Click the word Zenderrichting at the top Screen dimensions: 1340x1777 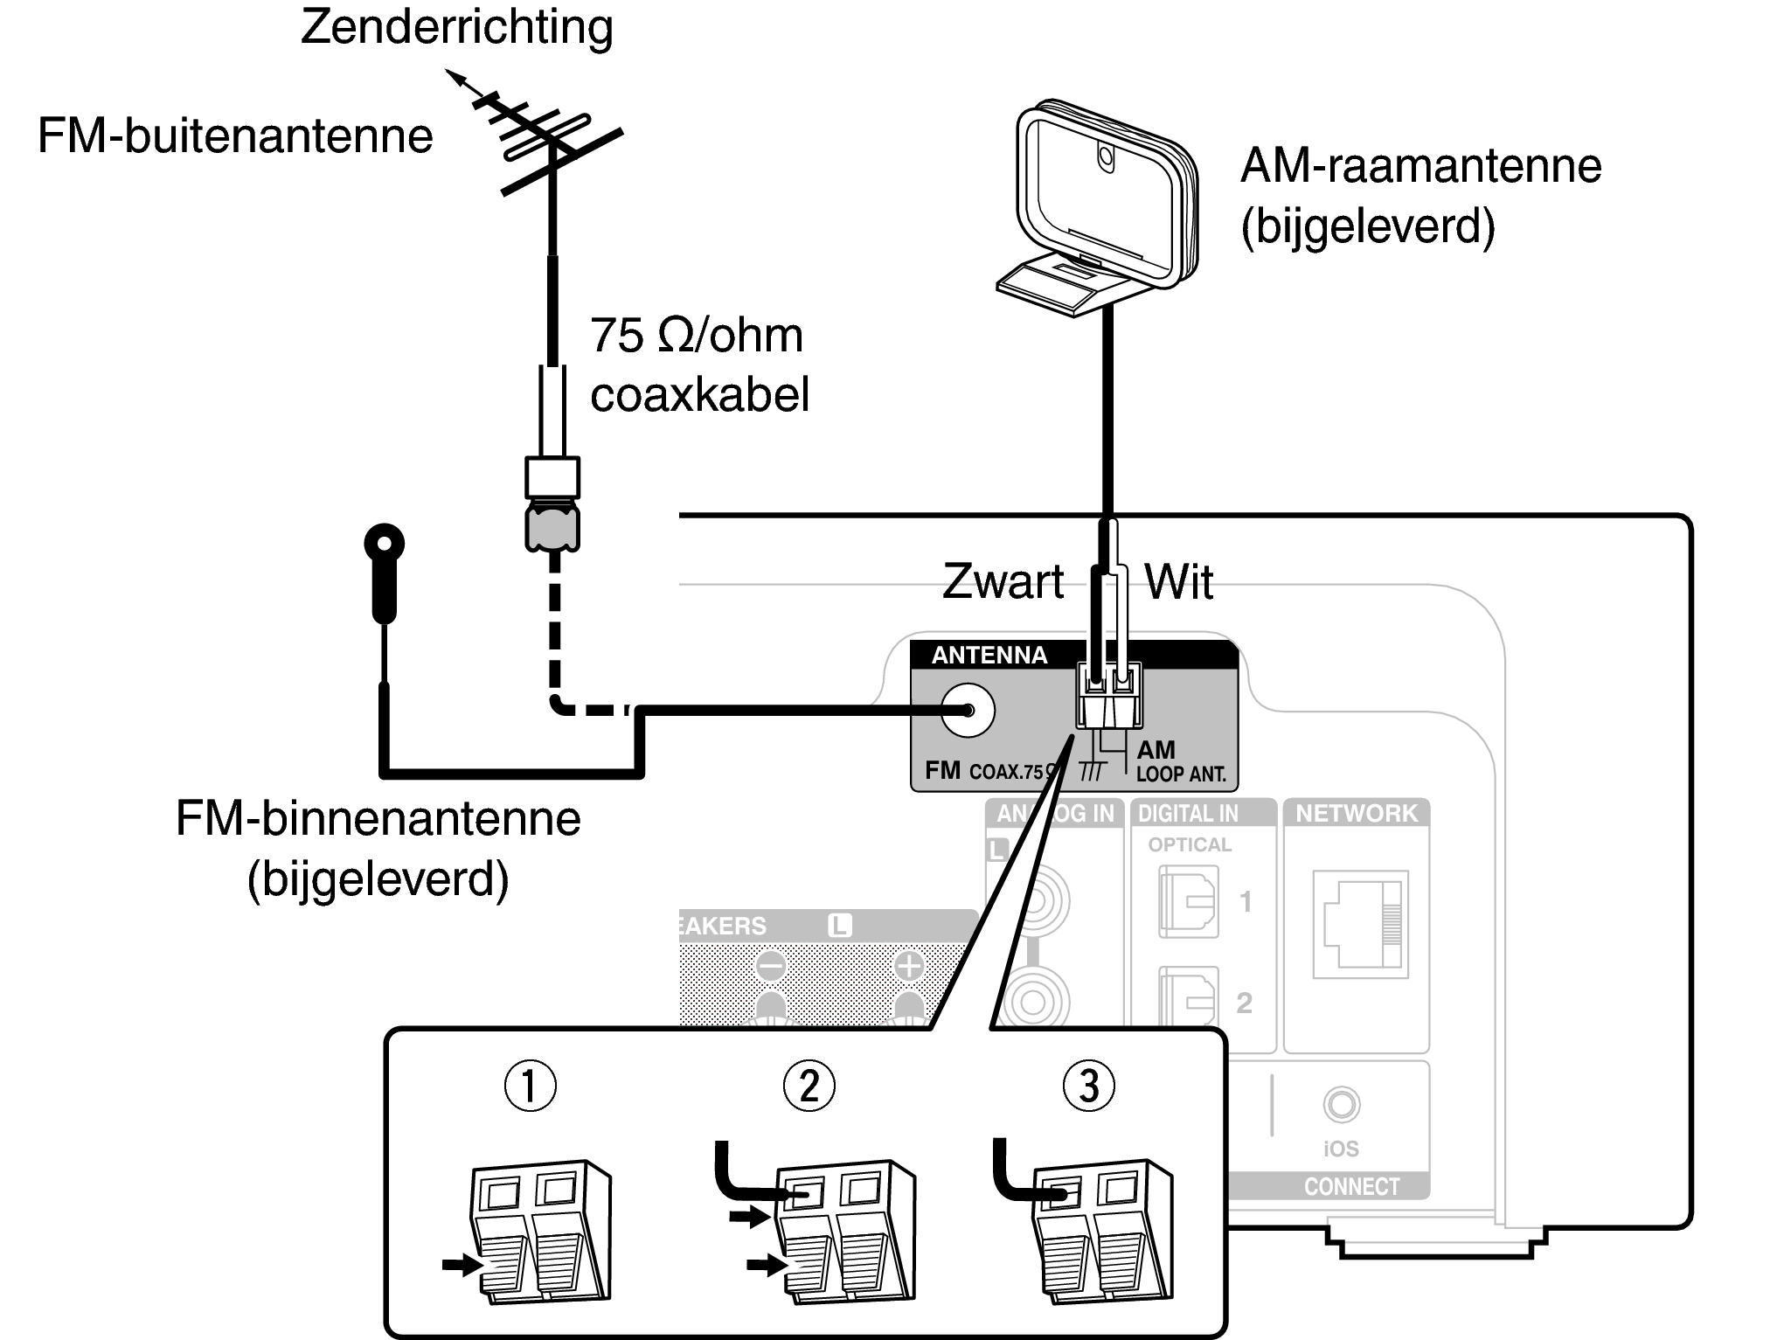(x=456, y=27)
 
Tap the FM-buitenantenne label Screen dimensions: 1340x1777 (x=235, y=136)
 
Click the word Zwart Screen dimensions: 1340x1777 (x=1003, y=582)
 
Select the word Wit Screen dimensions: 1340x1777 (x=1178, y=582)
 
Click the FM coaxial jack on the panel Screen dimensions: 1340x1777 (x=968, y=710)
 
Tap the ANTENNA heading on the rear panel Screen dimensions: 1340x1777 (x=989, y=656)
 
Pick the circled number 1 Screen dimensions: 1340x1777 (x=530, y=1086)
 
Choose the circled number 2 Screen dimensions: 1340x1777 (x=809, y=1086)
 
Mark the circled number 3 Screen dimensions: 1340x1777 (x=1088, y=1086)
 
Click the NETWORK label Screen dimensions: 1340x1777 (x=1356, y=814)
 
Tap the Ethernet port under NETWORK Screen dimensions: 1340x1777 (x=1360, y=924)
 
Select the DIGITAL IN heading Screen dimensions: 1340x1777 (x=1188, y=814)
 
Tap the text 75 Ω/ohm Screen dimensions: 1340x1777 (x=696, y=336)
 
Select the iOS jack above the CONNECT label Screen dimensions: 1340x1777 (x=1341, y=1104)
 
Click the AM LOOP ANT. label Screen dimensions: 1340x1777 (x=1180, y=761)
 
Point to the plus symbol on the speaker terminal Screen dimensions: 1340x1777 (x=909, y=967)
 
